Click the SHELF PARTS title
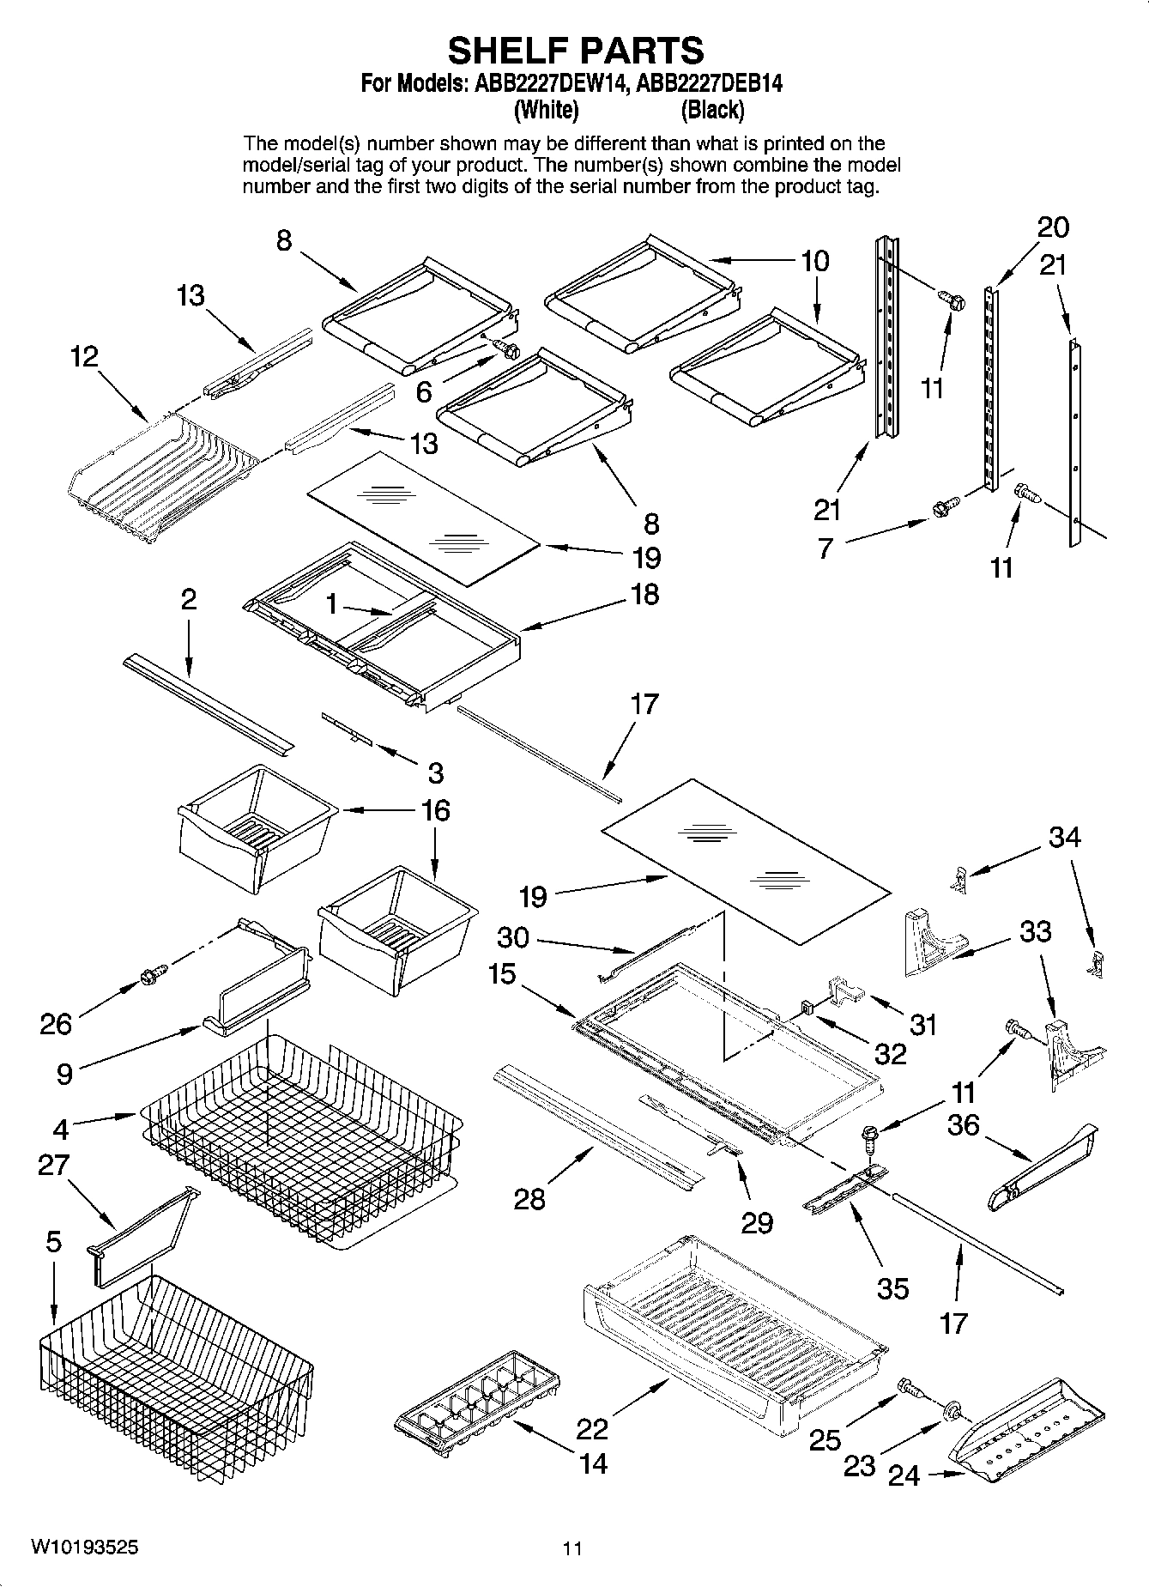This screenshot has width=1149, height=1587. click(x=576, y=51)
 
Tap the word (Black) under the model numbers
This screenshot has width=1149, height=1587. click(x=712, y=110)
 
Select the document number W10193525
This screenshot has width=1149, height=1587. click(x=83, y=1548)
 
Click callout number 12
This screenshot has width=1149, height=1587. click(x=84, y=356)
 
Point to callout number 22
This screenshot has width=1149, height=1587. click(x=592, y=1428)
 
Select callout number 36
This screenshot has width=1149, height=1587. click(x=963, y=1124)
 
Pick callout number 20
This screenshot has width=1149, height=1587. click(x=1053, y=227)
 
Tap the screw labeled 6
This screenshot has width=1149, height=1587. click(x=506, y=349)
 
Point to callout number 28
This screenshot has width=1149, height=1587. click(x=529, y=1198)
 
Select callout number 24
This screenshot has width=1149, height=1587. click(x=904, y=1475)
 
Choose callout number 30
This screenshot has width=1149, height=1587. click(x=513, y=936)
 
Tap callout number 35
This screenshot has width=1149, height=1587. click(x=892, y=1287)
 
